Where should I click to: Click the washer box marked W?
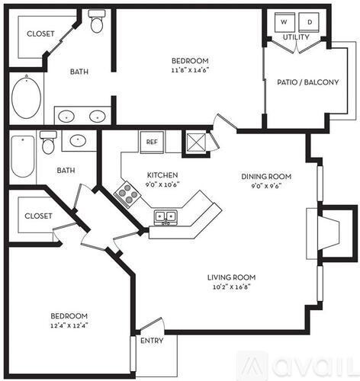(x=282, y=22)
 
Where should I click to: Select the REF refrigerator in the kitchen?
(x=151, y=142)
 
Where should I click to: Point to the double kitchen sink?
(x=165, y=217)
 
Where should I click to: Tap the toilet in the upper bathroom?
(x=97, y=22)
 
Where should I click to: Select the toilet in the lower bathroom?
(x=49, y=142)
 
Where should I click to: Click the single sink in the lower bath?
(x=78, y=141)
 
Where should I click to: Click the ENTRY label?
(x=151, y=341)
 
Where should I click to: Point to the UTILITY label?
(x=296, y=37)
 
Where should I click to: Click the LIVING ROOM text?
(x=231, y=277)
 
